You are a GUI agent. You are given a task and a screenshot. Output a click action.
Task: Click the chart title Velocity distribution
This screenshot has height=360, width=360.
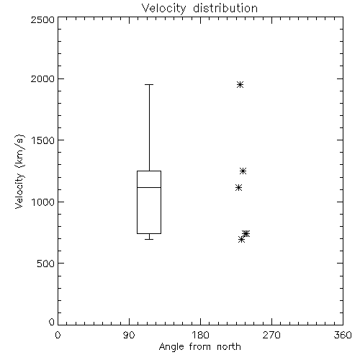(199, 9)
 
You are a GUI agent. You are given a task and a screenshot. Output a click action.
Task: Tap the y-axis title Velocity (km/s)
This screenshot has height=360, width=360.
(19, 171)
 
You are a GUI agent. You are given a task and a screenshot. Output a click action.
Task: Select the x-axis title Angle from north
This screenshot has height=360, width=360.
(199, 347)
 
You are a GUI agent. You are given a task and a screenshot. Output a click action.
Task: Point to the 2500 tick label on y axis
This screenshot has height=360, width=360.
(43, 19)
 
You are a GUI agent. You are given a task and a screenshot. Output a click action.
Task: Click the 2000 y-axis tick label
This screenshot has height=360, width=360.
(43, 78)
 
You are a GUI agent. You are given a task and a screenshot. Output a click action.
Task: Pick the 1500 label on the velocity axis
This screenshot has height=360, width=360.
(43, 140)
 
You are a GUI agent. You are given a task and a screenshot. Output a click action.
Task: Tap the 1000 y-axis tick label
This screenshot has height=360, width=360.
(43, 202)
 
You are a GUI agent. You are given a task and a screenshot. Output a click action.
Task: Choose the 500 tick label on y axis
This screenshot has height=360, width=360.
(46, 264)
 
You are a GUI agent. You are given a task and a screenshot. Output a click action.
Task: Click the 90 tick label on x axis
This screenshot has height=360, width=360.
(129, 335)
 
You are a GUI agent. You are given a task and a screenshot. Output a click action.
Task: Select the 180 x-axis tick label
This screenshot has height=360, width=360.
(200, 335)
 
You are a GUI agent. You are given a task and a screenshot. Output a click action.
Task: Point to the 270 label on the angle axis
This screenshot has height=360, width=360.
(271, 335)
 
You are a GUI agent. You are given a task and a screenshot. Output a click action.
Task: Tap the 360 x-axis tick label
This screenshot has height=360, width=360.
(343, 335)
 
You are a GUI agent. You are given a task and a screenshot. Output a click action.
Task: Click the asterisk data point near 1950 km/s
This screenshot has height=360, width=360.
(240, 84)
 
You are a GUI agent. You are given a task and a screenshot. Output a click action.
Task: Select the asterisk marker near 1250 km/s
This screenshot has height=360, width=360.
(243, 171)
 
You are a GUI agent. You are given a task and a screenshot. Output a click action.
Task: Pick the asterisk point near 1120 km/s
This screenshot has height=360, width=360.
(238, 187)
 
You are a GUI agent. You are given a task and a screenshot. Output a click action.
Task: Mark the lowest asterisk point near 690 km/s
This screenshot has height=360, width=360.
(241, 239)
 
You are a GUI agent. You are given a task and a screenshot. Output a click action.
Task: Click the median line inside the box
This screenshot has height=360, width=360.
(149, 187)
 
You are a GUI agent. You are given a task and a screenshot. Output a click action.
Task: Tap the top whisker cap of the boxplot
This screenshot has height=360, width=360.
(149, 84)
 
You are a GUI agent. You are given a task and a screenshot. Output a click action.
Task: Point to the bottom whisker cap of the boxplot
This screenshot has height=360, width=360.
(149, 239)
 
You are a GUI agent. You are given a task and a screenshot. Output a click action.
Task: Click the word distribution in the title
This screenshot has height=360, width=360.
(225, 8)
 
